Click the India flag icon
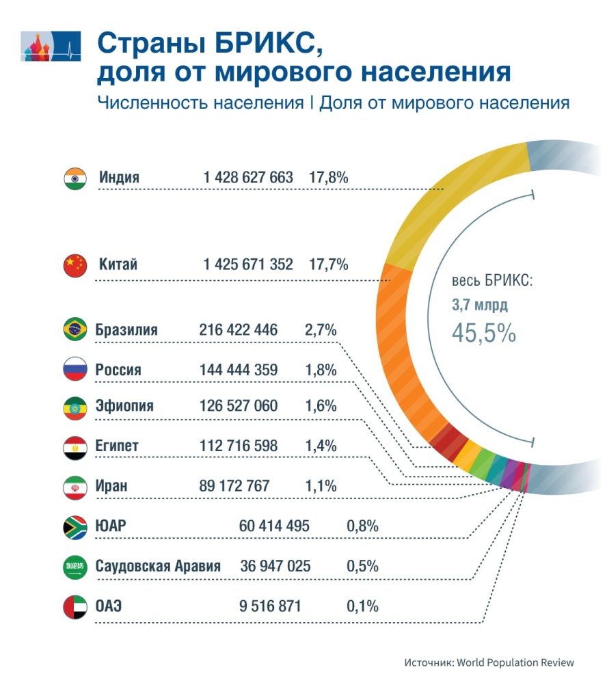[75, 178]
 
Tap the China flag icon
[75, 265]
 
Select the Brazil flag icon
[75, 330]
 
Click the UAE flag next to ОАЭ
[75, 606]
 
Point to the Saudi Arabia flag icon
[75, 567]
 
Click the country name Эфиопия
[124, 406]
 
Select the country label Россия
[118, 370]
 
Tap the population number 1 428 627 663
[247, 178]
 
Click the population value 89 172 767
[234, 486]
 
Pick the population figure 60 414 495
[274, 526]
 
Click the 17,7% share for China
[329, 265]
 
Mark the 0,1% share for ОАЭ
[362, 606]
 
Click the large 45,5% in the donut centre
[483, 332]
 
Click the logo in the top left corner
[52, 46]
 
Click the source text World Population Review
[515, 662]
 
